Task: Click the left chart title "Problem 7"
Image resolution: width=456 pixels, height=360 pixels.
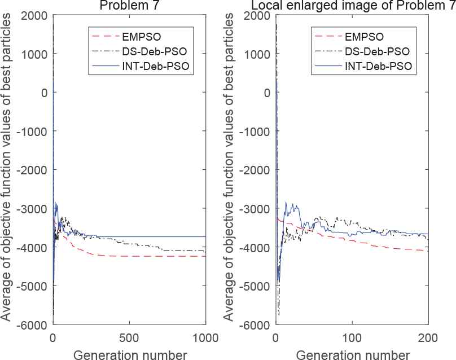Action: [x=129, y=5]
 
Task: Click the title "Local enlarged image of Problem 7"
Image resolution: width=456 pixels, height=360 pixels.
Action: [x=350, y=5]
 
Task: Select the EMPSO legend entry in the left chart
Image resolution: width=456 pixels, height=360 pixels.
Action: [x=140, y=37]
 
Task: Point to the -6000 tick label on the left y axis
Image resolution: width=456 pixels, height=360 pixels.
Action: [x=33, y=325]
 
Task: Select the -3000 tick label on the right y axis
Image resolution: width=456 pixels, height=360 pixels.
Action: [x=255, y=209]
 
